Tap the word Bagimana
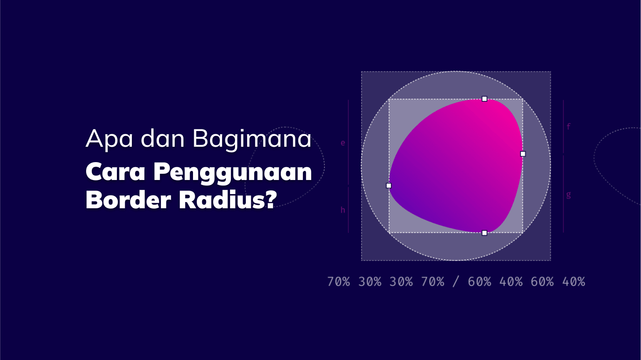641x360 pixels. (x=252, y=139)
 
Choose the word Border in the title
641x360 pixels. (x=128, y=200)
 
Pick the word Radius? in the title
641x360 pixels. (x=228, y=200)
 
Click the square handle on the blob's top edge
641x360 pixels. (x=484, y=99)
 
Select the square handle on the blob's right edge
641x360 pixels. (x=523, y=154)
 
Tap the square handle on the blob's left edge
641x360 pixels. (x=389, y=185)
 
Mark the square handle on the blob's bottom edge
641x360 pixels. (x=484, y=233)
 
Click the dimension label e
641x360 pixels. (x=343, y=143)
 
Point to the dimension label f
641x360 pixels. (x=569, y=126)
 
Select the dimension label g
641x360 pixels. (x=569, y=195)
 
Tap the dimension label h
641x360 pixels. (x=343, y=210)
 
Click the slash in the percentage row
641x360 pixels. (x=456, y=282)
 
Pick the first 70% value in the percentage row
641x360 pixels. (x=338, y=282)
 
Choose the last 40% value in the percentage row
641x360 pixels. (x=574, y=282)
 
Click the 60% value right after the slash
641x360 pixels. (x=479, y=282)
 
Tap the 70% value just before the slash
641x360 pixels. (x=433, y=282)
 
